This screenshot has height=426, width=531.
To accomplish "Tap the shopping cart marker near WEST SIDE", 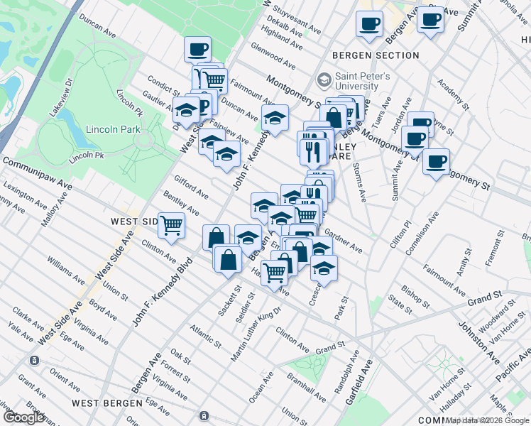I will tap(171, 224).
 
